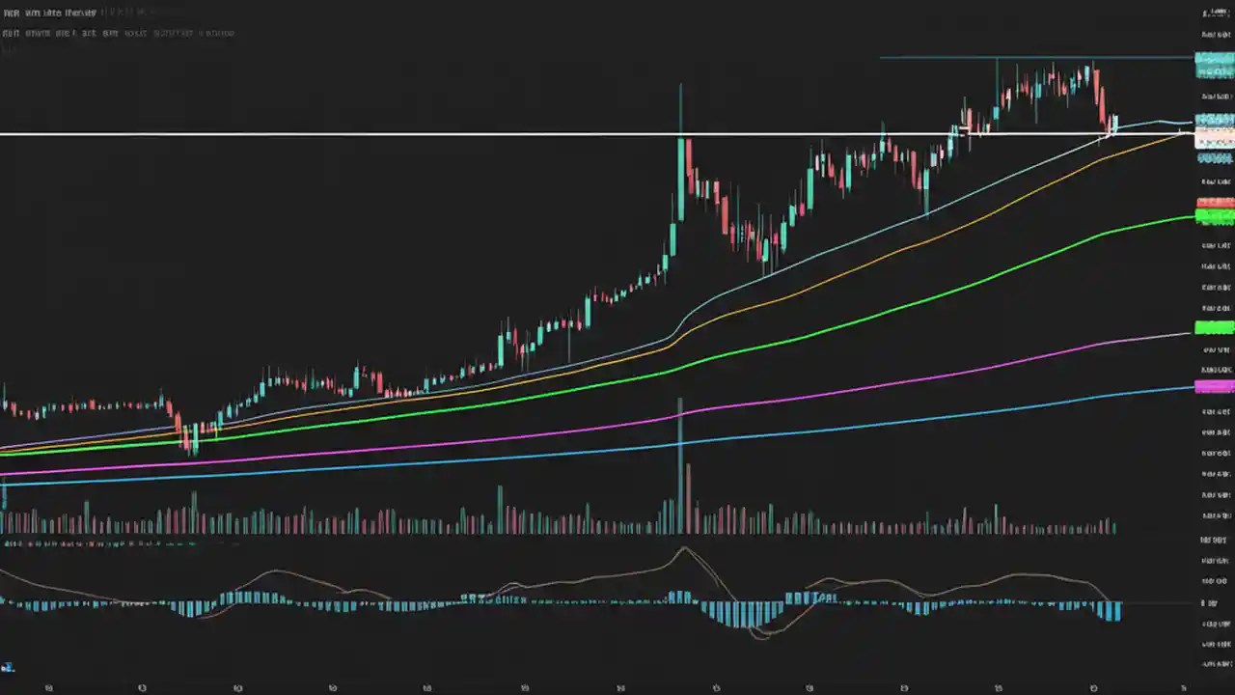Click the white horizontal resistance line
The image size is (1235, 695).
386,133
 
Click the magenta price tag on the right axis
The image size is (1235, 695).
1214,387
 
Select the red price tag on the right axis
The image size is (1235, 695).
1214,203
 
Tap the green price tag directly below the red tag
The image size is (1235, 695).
1214,215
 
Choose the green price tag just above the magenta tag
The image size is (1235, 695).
1214,327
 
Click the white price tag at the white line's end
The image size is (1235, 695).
1214,138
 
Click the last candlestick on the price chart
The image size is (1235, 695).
1115,124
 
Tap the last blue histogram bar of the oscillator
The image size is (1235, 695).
1117,611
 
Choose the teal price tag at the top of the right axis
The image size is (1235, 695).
1214,59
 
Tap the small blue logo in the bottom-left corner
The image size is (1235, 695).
8,666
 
